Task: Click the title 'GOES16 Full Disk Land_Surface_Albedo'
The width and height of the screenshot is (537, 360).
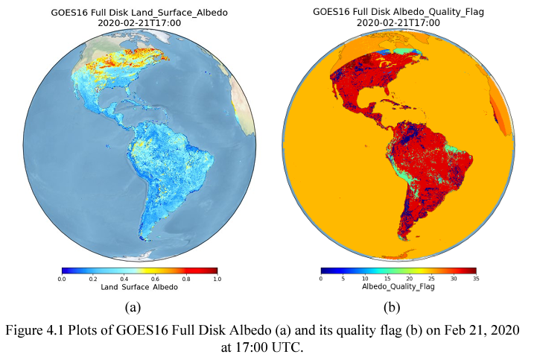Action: pyautogui.click(x=139, y=13)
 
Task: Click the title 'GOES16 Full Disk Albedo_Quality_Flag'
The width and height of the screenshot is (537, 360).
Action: pyautogui.click(x=398, y=13)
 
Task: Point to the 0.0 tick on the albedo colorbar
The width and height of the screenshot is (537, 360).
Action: pyautogui.click(x=62, y=278)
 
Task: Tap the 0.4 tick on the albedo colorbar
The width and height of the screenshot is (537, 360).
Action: pyautogui.click(x=124, y=278)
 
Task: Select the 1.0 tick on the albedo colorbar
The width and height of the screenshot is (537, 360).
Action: pyautogui.click(x=217, y=278)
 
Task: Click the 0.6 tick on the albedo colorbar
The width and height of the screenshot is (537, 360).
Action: pyautogui.click(x=155, y=278)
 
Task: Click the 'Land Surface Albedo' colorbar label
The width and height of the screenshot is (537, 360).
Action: pyautogui.click(x=139, y=287)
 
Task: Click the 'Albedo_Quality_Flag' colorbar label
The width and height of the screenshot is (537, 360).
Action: pyautogui.click(x=398, y=287)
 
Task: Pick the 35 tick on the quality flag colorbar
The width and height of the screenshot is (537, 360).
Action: pyautogui.click(x=475, y=278)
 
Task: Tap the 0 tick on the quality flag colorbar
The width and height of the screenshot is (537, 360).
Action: pyautogui.click(x=321, y=278)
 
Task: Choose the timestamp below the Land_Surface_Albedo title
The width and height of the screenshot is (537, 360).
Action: pyautogui.click(x=139, y=23)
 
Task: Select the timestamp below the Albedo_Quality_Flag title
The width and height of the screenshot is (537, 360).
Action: pyautogui.click(x=398, y=23)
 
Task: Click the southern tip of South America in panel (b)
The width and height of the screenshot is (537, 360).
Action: pyautogui.click(x=403, y=240)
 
